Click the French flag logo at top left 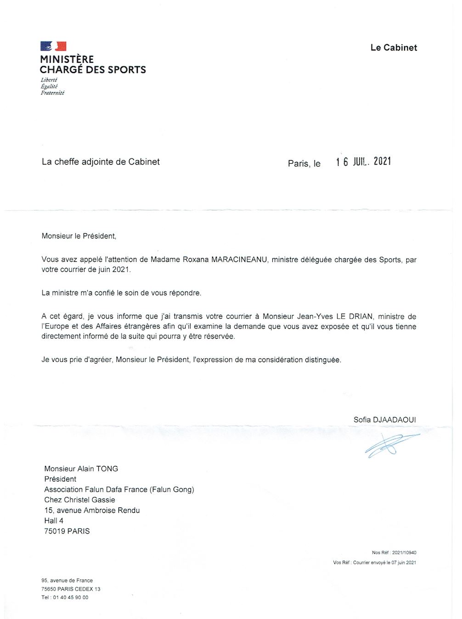(53, 46)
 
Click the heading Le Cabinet (394, 48)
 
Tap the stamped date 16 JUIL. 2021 (363, 161)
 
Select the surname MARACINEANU (239, 260)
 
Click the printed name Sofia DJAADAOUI (385, 420)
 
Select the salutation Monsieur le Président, (79, 236)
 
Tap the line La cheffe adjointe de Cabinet (101, 162)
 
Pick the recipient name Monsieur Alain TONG (81, 469)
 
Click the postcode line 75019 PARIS (67, 531)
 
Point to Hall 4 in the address (54, 521)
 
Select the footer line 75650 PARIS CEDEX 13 (71, 589)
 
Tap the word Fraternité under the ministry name (52, 93)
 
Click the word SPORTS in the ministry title (126, 70)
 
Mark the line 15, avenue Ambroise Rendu (92, 510)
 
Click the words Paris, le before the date (304, 163)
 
